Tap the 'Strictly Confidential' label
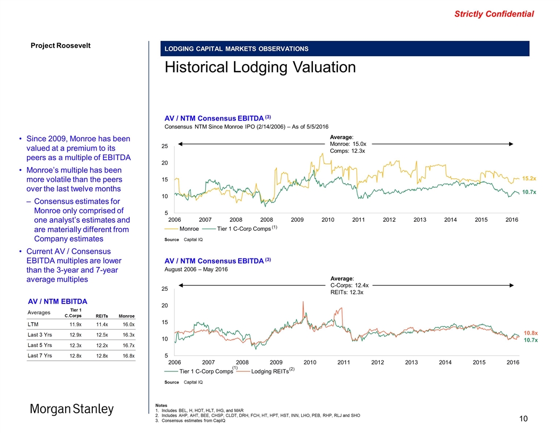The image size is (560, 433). [494, 14]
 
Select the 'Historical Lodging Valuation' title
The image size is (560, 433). [260, 67]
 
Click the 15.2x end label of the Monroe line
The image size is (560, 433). [530, 179]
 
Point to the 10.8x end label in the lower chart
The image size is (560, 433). [531, 332]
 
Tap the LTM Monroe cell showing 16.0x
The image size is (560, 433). [128, 324]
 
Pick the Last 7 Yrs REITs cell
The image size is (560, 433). [102, 356]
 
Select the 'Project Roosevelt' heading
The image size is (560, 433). [60, 45]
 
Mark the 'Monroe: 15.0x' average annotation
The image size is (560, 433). [348, 144]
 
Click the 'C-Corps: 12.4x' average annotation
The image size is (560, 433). [349, 285]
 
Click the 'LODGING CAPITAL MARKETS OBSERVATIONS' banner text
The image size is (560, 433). [237, 49]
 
